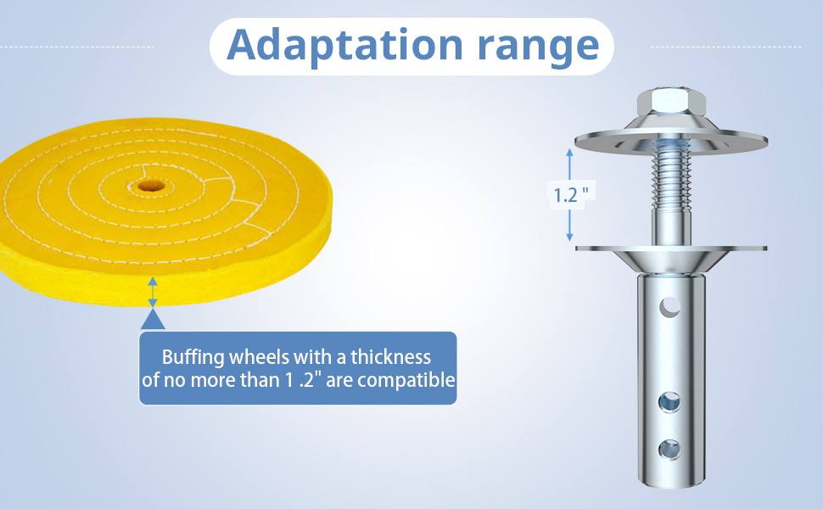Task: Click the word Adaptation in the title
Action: tap(344, 45)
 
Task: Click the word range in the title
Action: tap(538, 49)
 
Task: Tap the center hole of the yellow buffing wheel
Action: tap(151, 186)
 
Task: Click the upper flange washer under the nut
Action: tap(671, 140)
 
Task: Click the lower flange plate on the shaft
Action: tap(671, 257)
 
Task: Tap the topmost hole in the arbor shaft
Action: tap(670, 307)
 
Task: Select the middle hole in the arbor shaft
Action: tap(669, 402)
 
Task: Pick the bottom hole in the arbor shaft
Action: tap(669, 450)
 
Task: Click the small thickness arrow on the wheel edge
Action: tap(152, 293)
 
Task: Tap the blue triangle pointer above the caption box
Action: tap(153, 319)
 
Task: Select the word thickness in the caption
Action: tap(391, 357)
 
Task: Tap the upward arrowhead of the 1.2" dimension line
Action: tap(569, 153)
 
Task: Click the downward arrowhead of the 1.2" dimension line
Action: tap(569, 238)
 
